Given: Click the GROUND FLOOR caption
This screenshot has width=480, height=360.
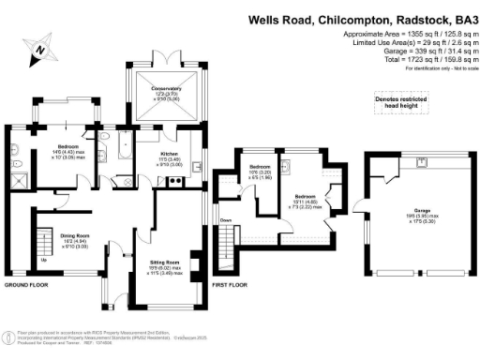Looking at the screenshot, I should click(x=27, y=284).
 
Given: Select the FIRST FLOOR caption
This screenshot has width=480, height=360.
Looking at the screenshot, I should click(x=230, y=284).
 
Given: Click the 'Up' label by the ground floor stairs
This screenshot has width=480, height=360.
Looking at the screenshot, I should click(x=43, y=260).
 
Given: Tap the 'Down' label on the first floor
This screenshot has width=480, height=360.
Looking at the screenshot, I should click(x=226, y=221).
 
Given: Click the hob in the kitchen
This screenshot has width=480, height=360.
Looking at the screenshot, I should click(x=174, y=183).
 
